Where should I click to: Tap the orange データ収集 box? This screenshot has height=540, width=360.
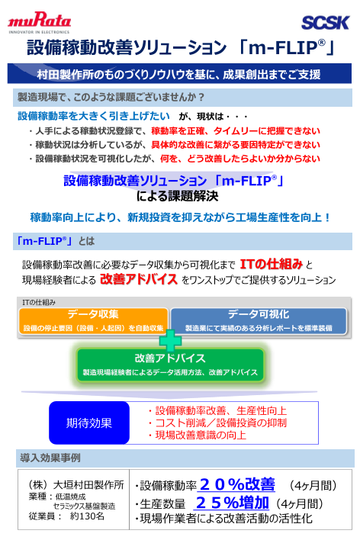[x=92, y=320]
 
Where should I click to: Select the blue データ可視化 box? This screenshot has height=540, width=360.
[x=258, y=320]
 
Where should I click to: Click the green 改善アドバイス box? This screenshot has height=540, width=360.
[x=169, y=363]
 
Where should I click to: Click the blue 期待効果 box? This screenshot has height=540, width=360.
[x=88, y=423]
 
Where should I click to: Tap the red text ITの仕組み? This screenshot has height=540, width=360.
[x=271, y=264]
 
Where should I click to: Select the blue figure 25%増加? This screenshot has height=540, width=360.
[x=232, y=503]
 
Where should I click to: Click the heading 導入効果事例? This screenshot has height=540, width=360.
[x=50, y=458]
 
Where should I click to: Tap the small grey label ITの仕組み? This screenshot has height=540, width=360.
[x=38, y=303]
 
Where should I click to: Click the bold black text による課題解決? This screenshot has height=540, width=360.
[x=179, y=196]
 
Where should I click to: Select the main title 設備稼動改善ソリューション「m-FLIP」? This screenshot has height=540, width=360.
[x=180, y=48]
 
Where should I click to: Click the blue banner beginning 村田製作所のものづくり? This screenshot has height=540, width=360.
[x=179, y=74]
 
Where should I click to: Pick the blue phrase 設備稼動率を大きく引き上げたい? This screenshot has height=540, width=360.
[x=93, y=117]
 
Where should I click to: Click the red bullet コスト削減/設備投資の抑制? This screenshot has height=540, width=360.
[x=217, y=423]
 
